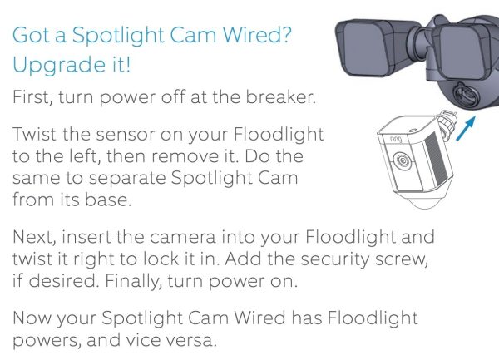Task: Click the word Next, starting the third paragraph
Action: tap(34, 237)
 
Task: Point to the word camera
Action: tap(182, 238)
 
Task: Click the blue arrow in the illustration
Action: tap(466, 129)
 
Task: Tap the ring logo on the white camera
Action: tap(396, 139)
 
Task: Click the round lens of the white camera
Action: tap(402, 160)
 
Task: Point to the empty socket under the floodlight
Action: tap(464, 94)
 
